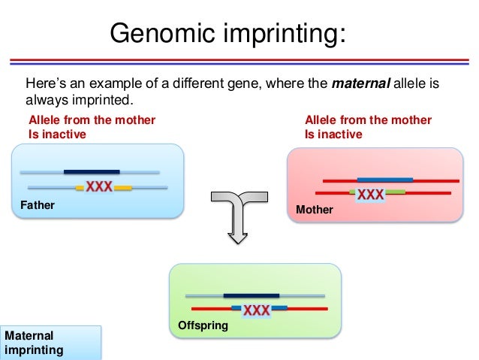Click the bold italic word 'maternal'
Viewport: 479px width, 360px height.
tap(360, 83)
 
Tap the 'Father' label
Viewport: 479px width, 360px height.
tap(37, 204)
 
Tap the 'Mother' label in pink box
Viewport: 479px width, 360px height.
tap(314, 210)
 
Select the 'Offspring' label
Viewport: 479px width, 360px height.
tap(202, 325)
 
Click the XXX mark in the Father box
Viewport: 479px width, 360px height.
tap(98, 187)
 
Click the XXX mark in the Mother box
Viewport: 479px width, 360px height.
tap(370, 195)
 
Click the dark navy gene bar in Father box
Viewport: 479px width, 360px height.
tap(92, 171)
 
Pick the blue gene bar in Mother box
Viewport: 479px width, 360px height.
tap(384, 180)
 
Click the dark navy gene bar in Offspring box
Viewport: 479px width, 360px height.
tap(251, 295)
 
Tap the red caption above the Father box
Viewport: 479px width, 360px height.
tap(92, 127)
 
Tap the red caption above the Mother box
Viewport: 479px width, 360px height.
tap(368, 127)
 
